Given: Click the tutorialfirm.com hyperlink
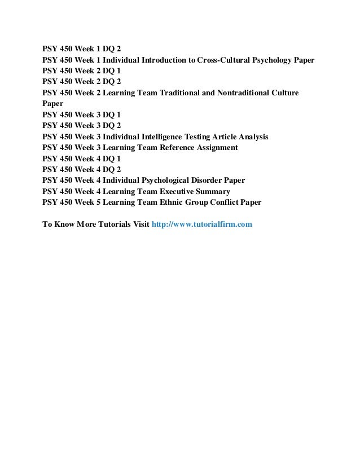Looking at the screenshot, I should coord(202,224).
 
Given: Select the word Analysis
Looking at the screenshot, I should coord(251,137).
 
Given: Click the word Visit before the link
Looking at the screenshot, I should coord(140,224).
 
